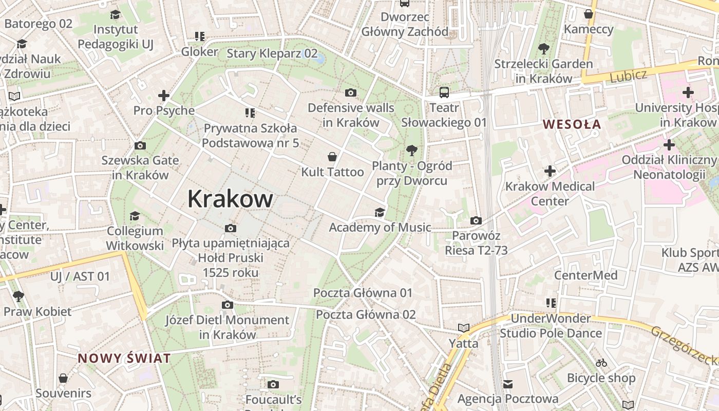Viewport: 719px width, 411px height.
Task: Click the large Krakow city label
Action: click(x=230, y=199)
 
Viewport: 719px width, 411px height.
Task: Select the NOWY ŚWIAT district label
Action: click(x=124, y=359)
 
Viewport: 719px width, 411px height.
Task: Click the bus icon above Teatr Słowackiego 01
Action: click(x=444, y=92)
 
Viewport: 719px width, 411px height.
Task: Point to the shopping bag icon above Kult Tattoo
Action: click(x=332, y=156)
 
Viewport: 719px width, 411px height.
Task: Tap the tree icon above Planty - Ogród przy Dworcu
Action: click(x=411, y=150)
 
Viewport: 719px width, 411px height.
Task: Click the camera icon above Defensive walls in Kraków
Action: click(x=351, y=92)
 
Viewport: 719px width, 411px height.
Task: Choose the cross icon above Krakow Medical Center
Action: click(x=550, y=171)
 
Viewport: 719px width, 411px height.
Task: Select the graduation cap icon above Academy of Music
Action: click(x=380, y=212)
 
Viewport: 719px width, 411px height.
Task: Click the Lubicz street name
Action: click(x=628, y=76)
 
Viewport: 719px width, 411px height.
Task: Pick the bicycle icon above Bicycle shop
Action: click(x=601, y=363)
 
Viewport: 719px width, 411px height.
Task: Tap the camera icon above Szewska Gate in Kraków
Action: click(x=140, y=145)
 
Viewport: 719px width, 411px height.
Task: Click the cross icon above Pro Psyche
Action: click(x=164, y=96)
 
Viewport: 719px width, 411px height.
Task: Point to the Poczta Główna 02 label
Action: click(x=366, y=314)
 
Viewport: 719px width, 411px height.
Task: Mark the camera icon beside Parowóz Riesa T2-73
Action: click(x=476, y=221)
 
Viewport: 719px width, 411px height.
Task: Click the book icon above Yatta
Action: click(x=464, y=328)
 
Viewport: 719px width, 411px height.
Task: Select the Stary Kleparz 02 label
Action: click(x=272, y=53)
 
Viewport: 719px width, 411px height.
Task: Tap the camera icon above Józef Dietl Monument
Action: click(x=228, y=305)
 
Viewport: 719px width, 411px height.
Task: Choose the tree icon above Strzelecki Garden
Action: click(x=543, y=49)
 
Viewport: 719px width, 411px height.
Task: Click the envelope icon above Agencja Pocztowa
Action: click(x=508, y=384)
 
